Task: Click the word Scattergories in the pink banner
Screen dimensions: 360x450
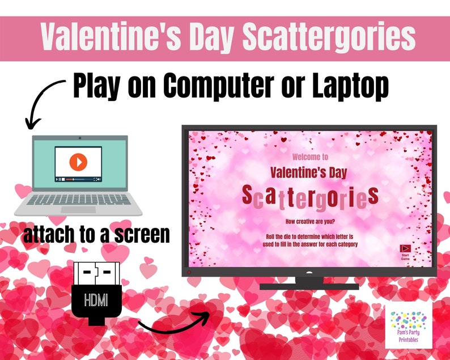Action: pyautogui.click(x=329, y=38)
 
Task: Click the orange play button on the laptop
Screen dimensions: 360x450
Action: pyautogui.click(x=78, y=162)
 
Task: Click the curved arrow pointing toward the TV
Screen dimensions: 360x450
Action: pyautogui.click(x=173, y=323)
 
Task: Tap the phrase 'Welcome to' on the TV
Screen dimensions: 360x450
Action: pyautogui.click(x=309, y=157)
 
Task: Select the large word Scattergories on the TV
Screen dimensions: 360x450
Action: pyautogui.click(x=309, y=196)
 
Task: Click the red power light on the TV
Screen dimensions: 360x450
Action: pyautogui.click(x=189, y=272)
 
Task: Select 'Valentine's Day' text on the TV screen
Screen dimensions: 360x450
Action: pyautogui.click(x=309, y=171)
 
